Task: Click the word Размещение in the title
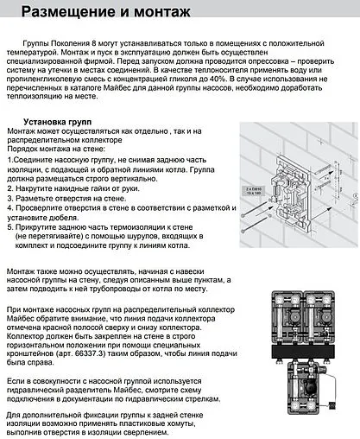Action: pyautogui.click(x=69, y=12)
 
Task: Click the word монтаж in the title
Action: pyautogui.click(x=166, y=12)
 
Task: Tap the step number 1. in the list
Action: pyautogui.click(x=10, y=161)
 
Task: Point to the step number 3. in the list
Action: pyautogui.click(x=10, y=198)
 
